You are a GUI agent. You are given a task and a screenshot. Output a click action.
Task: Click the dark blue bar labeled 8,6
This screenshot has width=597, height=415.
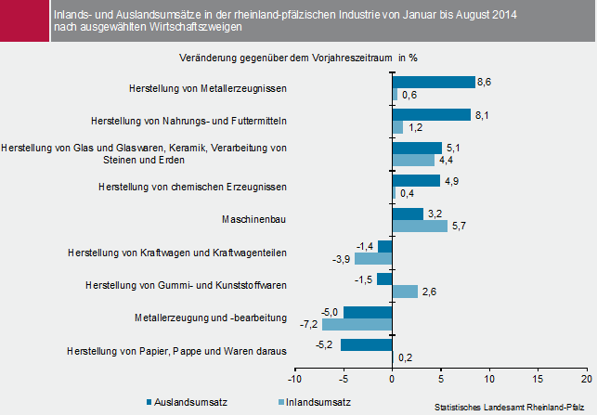click(434, 82)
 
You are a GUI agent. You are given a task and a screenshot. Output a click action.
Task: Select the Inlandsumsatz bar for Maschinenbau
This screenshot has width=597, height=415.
click(420, 226)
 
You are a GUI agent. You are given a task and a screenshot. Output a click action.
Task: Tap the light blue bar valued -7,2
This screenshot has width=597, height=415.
click(357, 325)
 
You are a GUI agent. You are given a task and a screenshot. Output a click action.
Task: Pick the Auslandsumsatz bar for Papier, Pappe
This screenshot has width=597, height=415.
click(367, 344)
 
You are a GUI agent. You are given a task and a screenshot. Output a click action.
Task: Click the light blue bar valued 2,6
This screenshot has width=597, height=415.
click(405, 292)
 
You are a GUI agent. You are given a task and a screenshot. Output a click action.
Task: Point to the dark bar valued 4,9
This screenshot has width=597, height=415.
click(416, 180)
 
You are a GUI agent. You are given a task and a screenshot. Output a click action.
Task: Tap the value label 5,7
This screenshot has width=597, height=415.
click(458, 226)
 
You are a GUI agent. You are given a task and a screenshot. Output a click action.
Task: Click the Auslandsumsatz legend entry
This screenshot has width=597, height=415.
click(187, 402)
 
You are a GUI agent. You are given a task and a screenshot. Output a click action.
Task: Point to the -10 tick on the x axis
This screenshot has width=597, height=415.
click(294, 379)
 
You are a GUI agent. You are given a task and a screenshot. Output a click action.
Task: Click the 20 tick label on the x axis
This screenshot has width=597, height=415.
click(587, 379)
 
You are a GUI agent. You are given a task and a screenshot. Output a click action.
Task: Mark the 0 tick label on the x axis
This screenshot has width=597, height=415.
click(392, 379)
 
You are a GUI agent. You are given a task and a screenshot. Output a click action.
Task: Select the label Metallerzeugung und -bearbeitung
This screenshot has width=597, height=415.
click(210, 318)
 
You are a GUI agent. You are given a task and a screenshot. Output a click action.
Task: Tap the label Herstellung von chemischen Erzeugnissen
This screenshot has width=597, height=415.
click(192, 187)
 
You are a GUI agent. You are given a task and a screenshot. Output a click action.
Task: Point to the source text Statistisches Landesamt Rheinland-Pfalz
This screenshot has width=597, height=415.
click(513, 407)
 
